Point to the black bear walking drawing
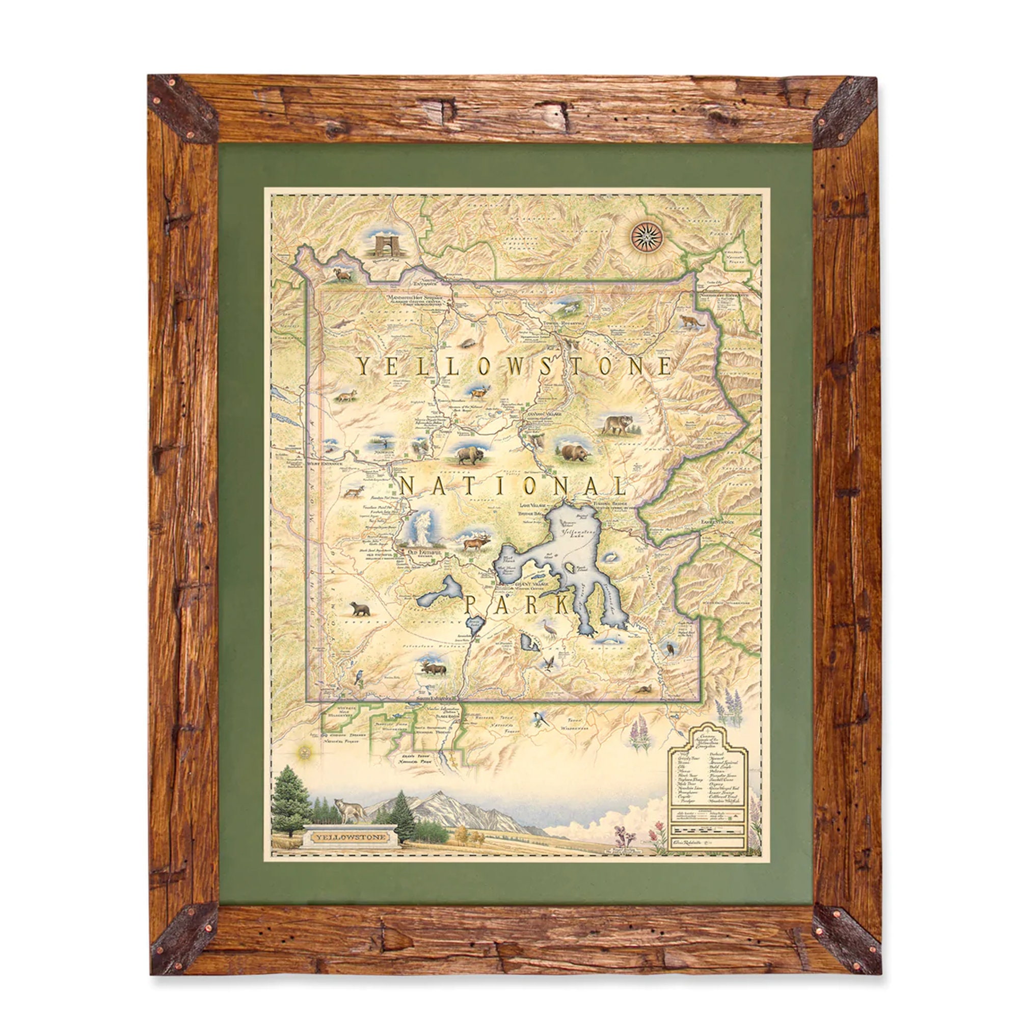(361, 610)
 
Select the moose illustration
(433, 669)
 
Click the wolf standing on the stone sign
(347, 812)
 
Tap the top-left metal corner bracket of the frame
(182, 108)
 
